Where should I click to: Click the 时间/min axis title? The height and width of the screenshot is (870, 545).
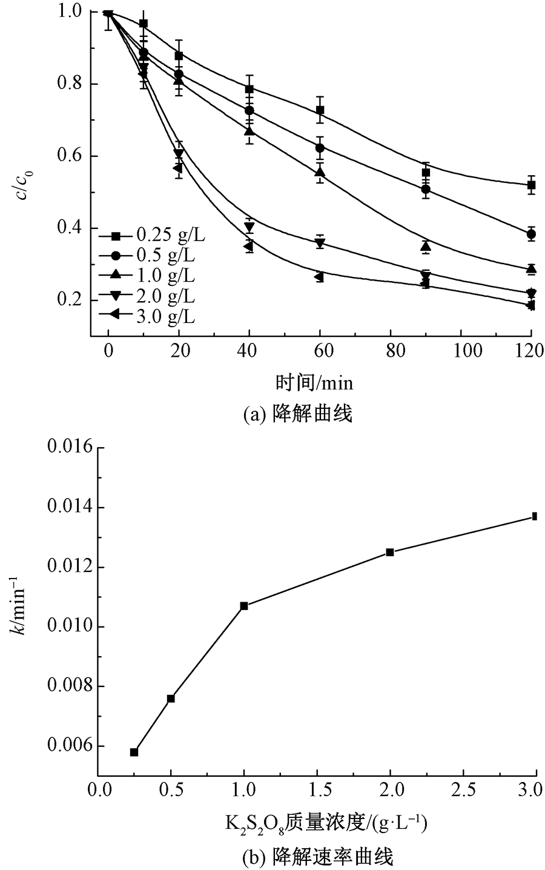pyautogui.click(x=314, y=382)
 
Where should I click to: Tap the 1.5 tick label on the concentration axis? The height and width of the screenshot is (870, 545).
pyautogui.click(x=317, y=791)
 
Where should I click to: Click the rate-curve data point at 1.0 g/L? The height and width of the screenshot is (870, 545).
pyautogui.click(x=244, y=606)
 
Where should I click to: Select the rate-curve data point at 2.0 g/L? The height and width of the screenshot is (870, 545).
pyautogui.click(x=390, y=552)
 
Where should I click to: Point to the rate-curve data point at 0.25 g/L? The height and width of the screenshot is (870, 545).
pyautogui.click(x=134, y=752)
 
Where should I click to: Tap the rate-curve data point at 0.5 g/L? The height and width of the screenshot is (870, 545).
pyautogui.click(x=171, y=699)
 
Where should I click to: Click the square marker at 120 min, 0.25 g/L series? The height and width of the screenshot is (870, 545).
pyautogui.click(x=531, y=185)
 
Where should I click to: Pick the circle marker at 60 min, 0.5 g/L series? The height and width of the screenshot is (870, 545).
pyautogui.click(x=320, y=148)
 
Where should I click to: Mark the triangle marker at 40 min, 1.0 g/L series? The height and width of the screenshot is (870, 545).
pyautogui.click(x=249, y=131)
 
